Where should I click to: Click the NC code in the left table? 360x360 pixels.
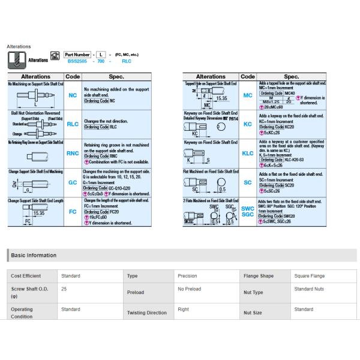point(73,95)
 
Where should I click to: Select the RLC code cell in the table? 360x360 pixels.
point(73,125)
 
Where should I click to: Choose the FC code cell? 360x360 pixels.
point(73,211)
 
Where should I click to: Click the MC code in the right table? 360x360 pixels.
point(248,95)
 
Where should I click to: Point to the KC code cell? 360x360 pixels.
point(248,125)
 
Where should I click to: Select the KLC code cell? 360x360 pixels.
point(248,154)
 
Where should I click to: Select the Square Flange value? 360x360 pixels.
point(310,276)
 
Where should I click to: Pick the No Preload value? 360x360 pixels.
point(189,289)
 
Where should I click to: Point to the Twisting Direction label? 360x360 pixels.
point(147,313)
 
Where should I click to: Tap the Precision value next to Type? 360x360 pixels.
point(187,276)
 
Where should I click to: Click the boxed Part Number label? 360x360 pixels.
point(79,54)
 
